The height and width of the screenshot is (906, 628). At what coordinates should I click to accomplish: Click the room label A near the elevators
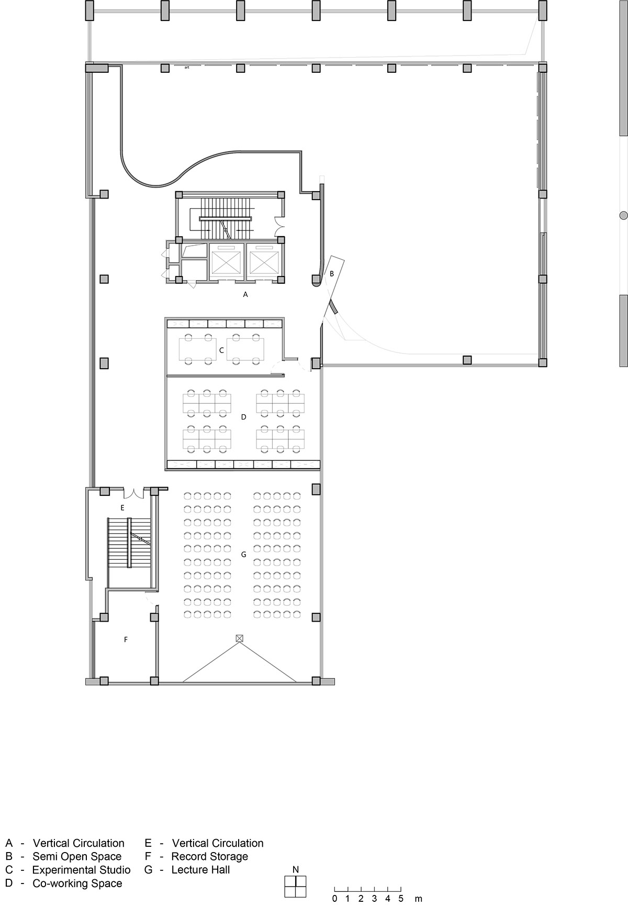pyautogui.click(x=245, y=295)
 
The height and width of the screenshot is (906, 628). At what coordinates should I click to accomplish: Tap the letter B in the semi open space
pyautogui.click(x=331, y=273)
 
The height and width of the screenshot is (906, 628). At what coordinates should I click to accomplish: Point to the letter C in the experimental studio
pyautogui.click(x=221, y=350)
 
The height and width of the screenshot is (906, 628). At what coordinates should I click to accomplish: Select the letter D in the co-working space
pyautogui.click(x=243, y=417)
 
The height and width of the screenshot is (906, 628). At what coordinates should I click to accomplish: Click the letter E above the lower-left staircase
pyautogui.click(x=122, y=507)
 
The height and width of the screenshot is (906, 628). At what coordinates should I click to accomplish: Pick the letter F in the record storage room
pyautogui.click(x=126, y=639)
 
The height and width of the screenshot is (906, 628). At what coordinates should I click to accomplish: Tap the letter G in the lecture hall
pyautogui.click(x=243, y=554)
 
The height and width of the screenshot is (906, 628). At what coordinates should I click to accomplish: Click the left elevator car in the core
pyautogui.click(x=227, y=260)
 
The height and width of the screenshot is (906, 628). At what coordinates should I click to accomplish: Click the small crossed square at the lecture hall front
pyautogui.click(x=240, y=638)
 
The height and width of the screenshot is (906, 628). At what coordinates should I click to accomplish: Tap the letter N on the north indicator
pyautogui.click(x=296, y=869)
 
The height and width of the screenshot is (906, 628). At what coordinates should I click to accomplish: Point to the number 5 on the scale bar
pyautogui.click(x=401, y=899)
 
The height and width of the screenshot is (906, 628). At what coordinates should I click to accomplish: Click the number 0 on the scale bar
pyautogui.click(x=334, y=899)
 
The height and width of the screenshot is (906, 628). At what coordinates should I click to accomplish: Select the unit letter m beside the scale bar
pyautogui.click(x=418, y=899)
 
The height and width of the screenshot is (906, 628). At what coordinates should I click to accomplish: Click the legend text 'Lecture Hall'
pyautogui.click(x=200, y=870)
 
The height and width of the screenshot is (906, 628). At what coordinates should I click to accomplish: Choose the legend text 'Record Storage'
pyautogui.click(x=210, y=856)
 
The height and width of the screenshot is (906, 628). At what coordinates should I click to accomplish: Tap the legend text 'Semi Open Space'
pyautogui.click(x=77, y=856)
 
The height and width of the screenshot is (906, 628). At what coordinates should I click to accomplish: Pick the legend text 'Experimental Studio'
pyautogui.click(x=82, y=870)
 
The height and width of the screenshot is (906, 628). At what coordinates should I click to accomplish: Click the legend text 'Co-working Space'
pyautogui.click(x=77, y=883)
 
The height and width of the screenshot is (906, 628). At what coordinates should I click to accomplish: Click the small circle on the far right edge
pyautogui.click(x=623, y=215)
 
